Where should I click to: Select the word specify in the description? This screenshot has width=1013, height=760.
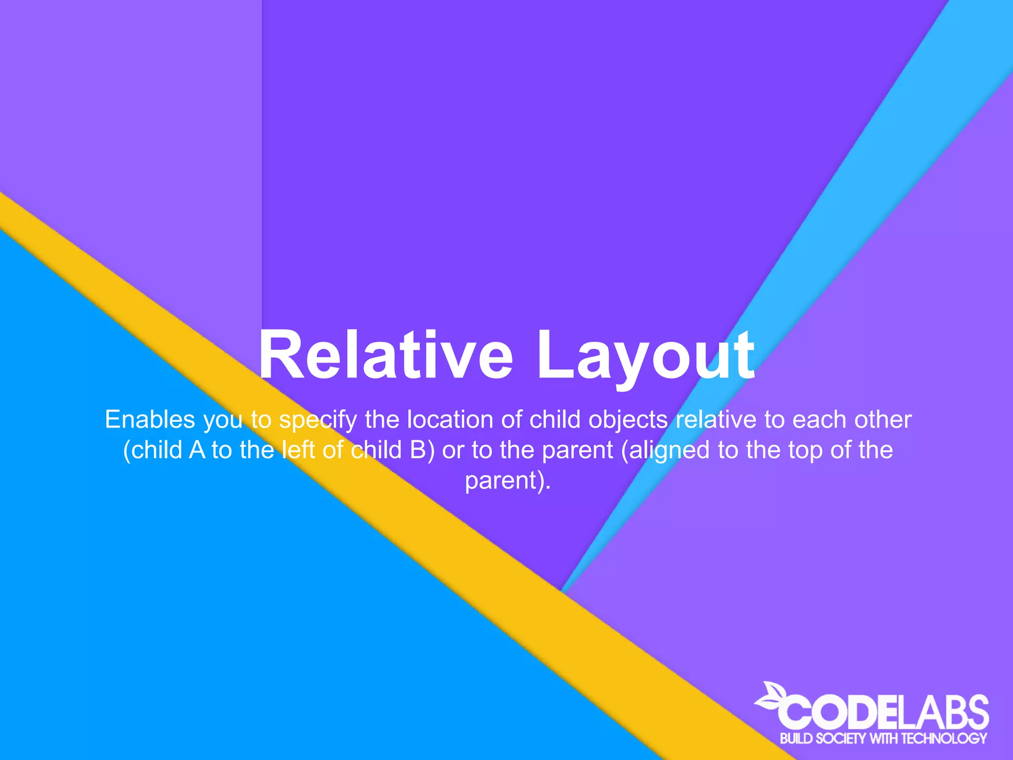click(x=318, y=421)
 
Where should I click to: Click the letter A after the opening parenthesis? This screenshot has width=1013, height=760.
click(x=197, y=450)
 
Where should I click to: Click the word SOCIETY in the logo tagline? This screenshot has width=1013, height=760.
click(x=840, y=739)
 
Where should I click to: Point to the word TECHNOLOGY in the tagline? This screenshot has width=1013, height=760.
click(x=944, y=739)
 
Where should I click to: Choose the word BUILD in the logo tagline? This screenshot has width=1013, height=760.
click(x=796, y=739)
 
